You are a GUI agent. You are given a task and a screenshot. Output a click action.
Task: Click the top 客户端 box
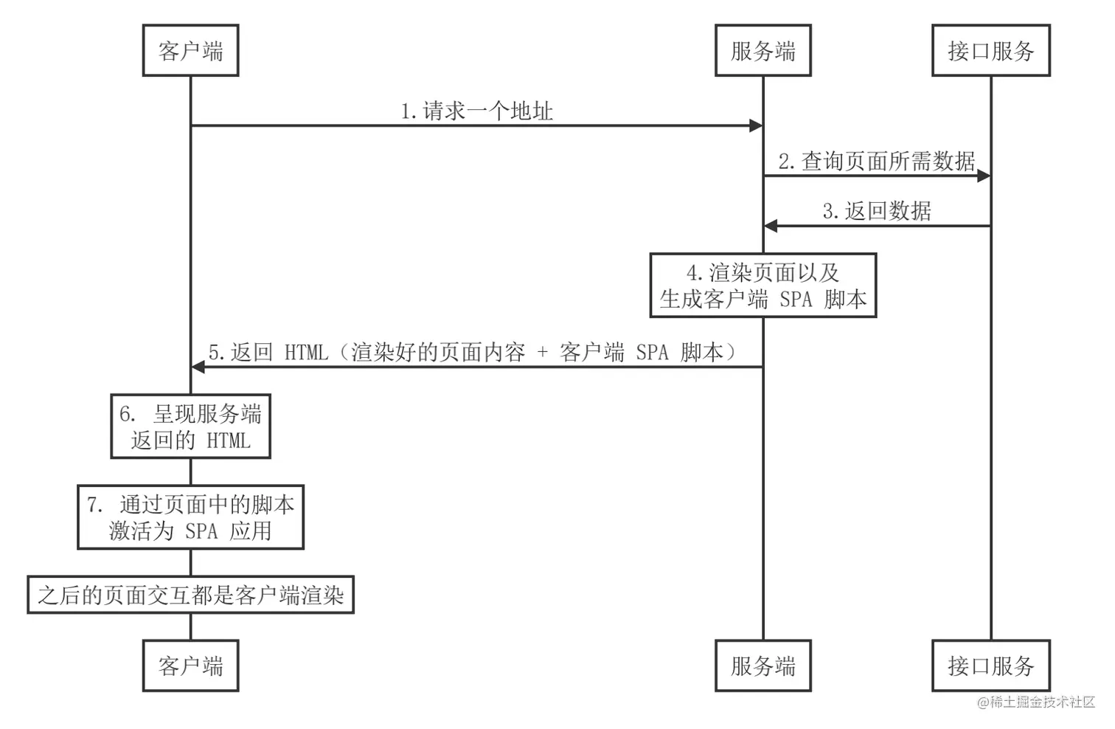coord(190,51)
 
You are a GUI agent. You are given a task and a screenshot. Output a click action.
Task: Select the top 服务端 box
coord(763,51)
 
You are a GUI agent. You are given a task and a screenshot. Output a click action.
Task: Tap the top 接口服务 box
coord(990,51)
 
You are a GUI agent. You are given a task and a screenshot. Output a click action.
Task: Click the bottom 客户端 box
coord(190,666)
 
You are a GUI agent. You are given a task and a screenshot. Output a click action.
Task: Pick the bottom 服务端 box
coord(763,666)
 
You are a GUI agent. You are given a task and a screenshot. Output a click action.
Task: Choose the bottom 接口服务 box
coord(990,666)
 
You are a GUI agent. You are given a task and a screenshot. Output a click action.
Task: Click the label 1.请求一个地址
coord(476,111)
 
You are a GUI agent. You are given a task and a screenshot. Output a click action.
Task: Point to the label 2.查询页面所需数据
coord(877,161)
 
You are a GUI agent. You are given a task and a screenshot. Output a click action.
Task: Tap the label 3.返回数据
coord(877,211)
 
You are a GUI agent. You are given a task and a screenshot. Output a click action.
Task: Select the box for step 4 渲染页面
coord(763,286)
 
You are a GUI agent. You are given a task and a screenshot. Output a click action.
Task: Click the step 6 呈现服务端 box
coord(190,426)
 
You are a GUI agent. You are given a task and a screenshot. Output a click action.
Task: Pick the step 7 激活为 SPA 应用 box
coord(190,517)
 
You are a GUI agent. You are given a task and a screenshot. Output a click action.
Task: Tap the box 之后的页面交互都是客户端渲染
coord(190,595)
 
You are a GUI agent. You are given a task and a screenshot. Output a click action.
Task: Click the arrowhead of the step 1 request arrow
coord(756,125)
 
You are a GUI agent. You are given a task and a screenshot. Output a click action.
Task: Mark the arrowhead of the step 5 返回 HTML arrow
coord(198,366)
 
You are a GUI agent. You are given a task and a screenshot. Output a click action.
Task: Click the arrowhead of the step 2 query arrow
coord(983,176)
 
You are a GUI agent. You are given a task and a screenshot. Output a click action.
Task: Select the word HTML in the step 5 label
coord(306,353)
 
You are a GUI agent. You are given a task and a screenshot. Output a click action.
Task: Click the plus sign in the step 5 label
coord(543,353)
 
